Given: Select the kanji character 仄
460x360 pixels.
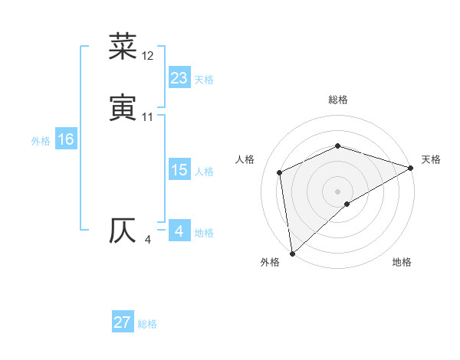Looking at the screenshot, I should (x=123, y=231).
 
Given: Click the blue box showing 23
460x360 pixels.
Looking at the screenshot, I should (x=179, y=77).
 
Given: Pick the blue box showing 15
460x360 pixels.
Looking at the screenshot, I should (x=179, y=170).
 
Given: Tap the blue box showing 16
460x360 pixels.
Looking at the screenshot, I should (x=65, y=139).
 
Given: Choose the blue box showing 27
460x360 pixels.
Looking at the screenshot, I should (x=123, y=322).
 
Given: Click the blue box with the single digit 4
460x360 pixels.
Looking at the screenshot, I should (x=179, y=231).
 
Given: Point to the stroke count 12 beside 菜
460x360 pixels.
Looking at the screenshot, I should (x=148, y=55).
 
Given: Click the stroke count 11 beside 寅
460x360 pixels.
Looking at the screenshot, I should (x=148, y=117).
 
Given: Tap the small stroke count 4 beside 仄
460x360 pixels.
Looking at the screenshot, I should (x=148, y=240).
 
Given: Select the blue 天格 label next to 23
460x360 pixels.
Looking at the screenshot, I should (x=204, y=79).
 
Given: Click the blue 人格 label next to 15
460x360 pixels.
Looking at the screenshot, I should (x=204, y=172).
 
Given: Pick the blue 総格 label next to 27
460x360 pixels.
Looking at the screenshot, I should (x=147, y=324).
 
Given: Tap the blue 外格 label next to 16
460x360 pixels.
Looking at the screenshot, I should (x=41, y=141).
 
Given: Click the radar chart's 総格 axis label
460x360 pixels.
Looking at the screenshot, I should (x=337, y=100).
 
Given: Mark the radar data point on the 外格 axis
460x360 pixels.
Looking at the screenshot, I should (x=292, y=253).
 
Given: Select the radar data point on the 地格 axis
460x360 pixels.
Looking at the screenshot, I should (x=347, y=204).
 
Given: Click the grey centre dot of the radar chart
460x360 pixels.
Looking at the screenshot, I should (x=337, y=191).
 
